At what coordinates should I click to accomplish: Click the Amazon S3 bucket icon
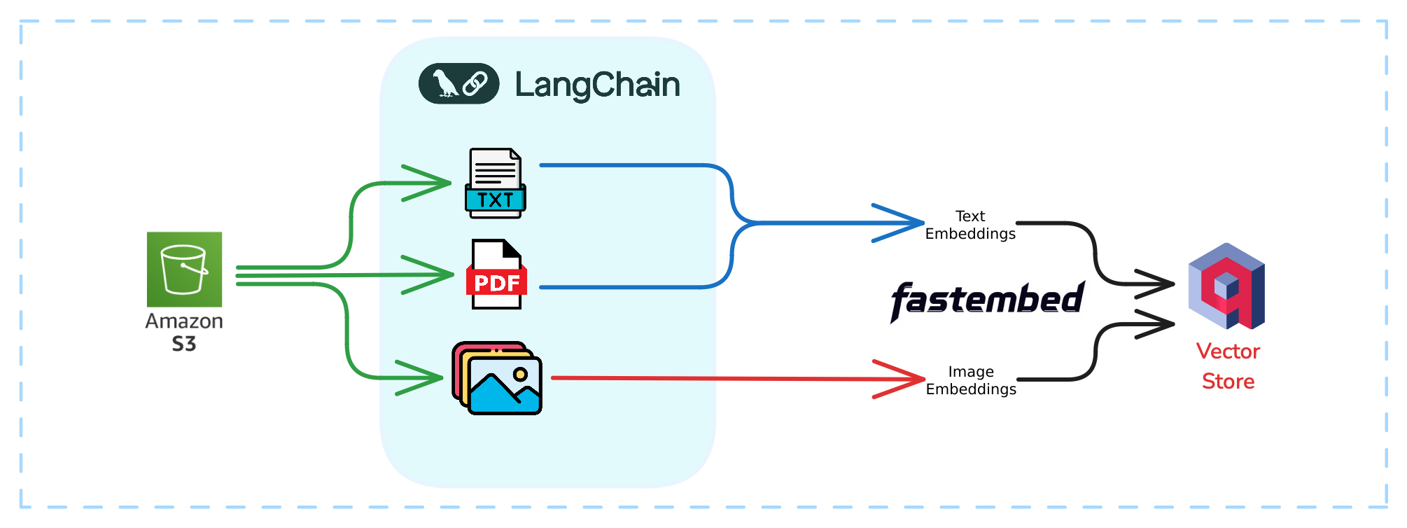coord(184,270)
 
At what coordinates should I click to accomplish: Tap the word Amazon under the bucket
coord(184,321)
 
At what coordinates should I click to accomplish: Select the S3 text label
coord(184,344)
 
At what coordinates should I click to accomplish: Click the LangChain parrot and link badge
coord(458,84)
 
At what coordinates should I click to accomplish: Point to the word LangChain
coord(597,85)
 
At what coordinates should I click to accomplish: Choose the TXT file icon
coord(495,183)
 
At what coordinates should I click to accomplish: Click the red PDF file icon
coord(496,275)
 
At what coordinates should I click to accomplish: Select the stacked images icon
coord(497,378)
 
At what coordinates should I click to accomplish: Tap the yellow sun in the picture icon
coord(520,374)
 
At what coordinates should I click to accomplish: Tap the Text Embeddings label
coord(970,225)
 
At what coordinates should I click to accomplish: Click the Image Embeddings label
coord(971,380)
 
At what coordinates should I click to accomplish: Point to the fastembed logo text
coord(987,300)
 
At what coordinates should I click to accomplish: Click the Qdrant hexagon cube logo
coord(1226,286)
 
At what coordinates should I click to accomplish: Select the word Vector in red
coord(1228,352)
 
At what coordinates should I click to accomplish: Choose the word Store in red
coord(1228,382)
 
